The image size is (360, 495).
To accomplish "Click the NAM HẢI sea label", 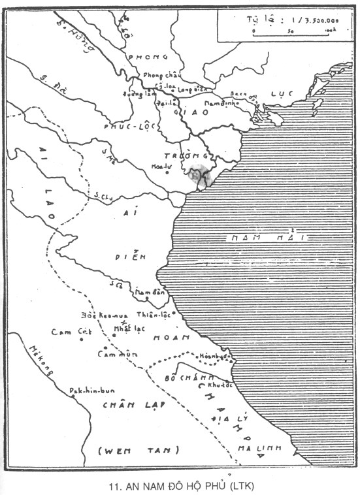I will pyautogui.click(x=265, y=238).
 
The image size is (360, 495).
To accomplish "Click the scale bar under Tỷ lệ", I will pyautogui.click(x=293, y=31).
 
